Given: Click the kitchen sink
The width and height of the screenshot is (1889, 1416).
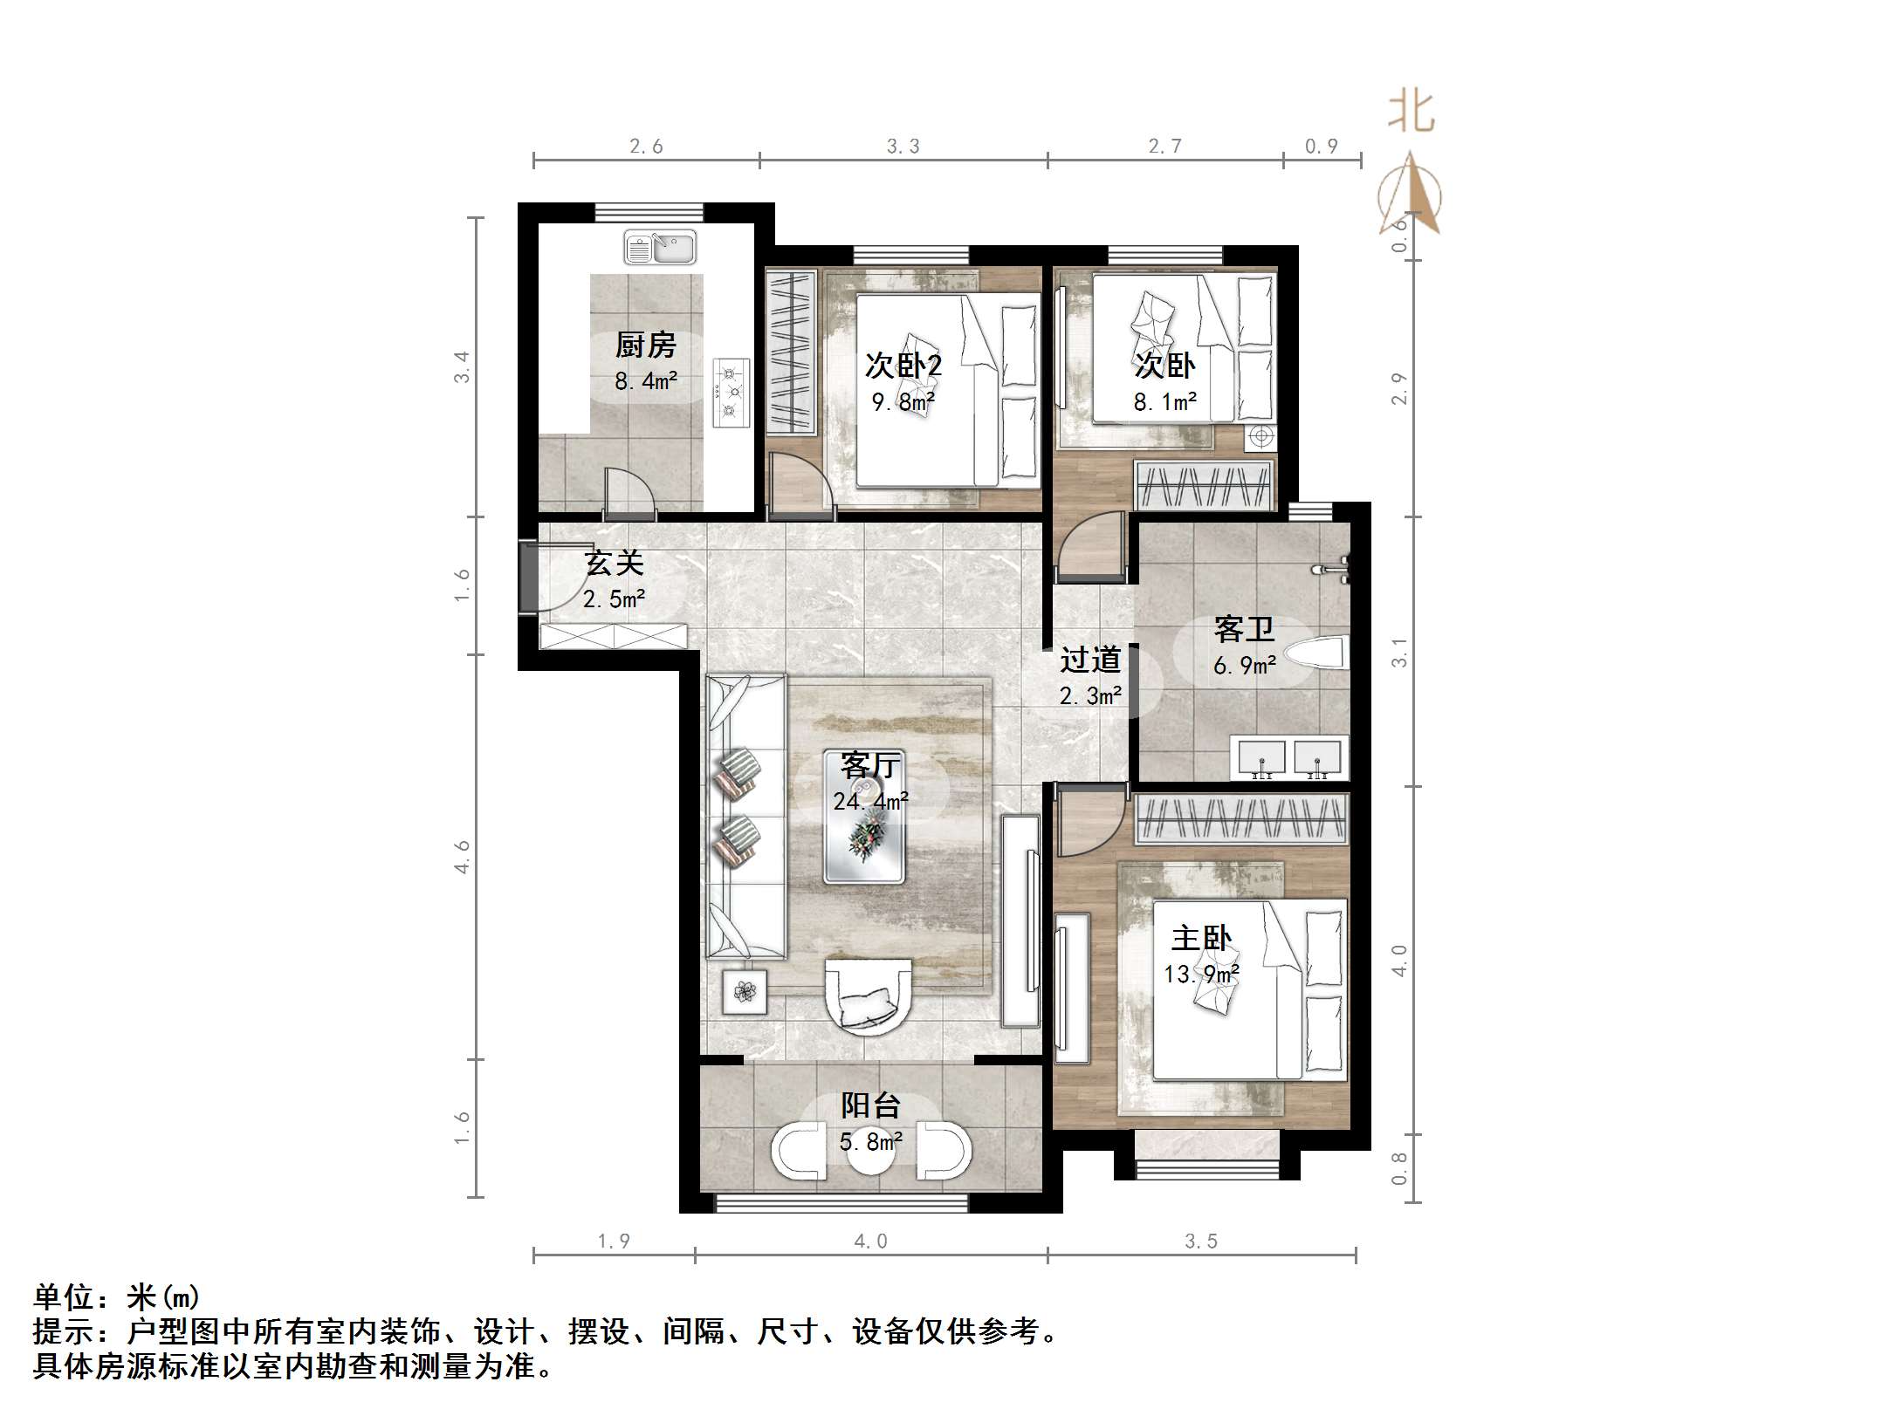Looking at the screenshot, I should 660,247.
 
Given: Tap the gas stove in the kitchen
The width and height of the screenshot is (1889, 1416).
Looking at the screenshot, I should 731,393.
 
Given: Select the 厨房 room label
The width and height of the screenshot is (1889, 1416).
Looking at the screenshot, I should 646,345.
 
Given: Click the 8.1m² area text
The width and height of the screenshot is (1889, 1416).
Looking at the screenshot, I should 1164,402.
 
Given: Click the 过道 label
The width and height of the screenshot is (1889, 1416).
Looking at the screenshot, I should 1089,660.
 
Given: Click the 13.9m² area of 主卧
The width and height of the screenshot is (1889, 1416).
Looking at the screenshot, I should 1201,974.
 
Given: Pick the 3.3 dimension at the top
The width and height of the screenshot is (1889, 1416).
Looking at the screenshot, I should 903,147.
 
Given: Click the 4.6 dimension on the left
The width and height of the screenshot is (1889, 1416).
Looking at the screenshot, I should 462,857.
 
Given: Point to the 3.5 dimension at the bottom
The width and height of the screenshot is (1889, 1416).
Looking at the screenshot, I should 1201,1242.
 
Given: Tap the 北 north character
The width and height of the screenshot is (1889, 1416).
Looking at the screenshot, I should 1412,113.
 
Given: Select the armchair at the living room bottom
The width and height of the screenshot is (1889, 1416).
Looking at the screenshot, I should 869,997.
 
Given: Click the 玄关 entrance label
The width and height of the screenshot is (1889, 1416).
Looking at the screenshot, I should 615,563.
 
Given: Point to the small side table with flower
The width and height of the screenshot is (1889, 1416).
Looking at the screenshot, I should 745,991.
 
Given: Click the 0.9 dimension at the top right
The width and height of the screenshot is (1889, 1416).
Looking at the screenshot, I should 1321,147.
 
